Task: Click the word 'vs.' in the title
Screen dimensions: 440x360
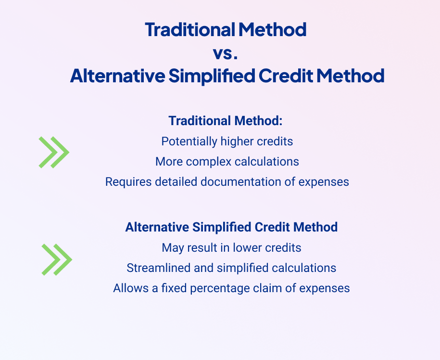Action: (226, 53)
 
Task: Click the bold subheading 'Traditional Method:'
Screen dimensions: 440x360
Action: (226, 121)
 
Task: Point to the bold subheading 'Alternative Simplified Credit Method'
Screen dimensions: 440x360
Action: (231, 227)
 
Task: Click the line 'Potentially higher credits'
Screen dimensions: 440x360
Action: (227, 141)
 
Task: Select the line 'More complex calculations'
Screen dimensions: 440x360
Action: (227, 162)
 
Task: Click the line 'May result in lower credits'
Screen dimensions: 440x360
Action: (231, 248)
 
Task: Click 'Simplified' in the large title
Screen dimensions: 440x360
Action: (212, 76)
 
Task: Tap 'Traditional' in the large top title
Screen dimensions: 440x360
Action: (190, 29)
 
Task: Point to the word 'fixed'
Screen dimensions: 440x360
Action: (174, 288)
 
